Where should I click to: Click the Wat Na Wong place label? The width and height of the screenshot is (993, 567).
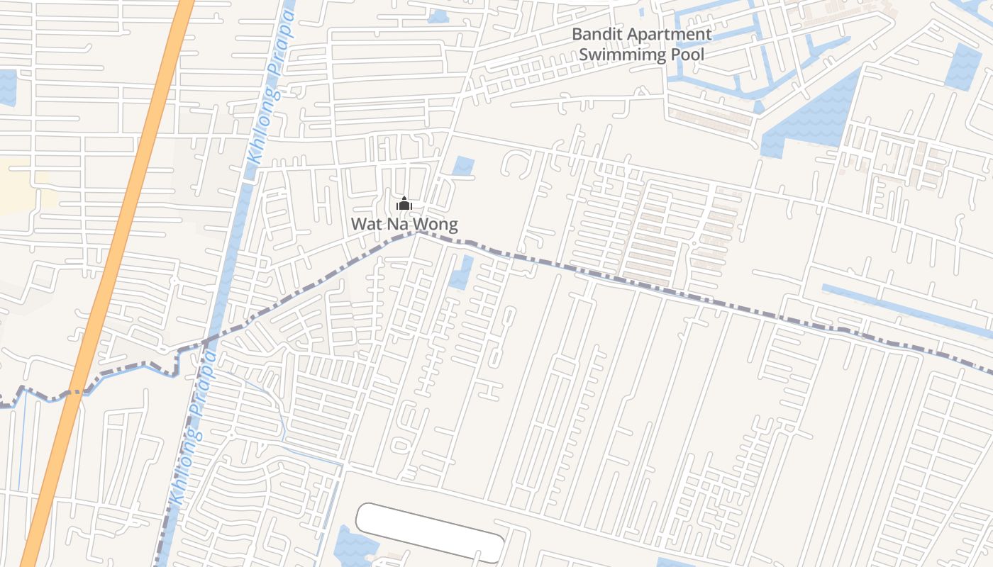404,225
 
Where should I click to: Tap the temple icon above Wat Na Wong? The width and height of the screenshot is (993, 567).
404,205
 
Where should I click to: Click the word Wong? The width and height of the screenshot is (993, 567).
436,225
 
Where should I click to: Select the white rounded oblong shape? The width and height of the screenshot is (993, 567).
430,532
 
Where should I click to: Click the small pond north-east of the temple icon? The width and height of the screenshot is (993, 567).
463,166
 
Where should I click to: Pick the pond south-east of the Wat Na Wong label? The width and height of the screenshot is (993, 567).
462,272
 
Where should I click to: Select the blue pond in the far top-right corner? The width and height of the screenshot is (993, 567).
965,66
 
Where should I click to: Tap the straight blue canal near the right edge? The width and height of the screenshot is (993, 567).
908,309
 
